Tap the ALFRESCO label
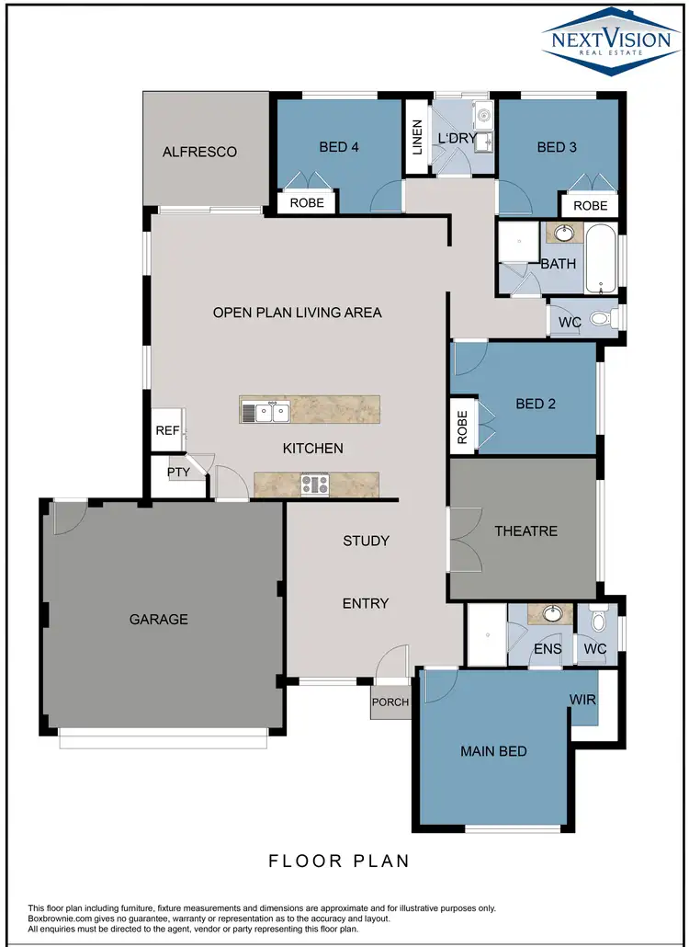coord(199,152)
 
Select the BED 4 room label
coord(338,146)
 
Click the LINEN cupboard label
coord(417,137)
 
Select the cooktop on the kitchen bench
coord(314,484)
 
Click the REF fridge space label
coord(167,430)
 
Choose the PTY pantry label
coord(177,472)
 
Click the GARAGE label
coord(158,619)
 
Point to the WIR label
coord(582,700)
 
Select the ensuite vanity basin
coord(552,614)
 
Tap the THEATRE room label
coord(525,531)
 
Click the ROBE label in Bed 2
coord(462,428)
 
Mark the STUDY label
coord(366,541)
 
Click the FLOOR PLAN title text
coord(338,861)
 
